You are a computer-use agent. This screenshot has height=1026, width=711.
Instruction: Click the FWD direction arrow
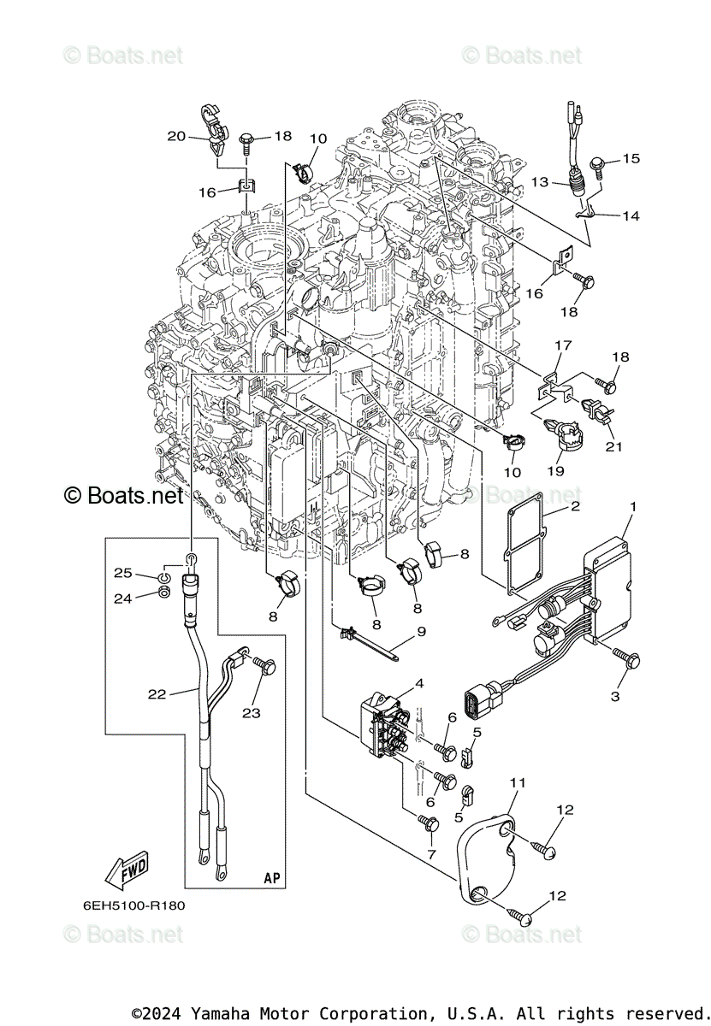point(126,870)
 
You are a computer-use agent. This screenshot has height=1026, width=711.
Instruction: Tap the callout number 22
point(157,694)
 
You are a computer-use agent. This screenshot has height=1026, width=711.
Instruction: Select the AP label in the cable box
point(272,877)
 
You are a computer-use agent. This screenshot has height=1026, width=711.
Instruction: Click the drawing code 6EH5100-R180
point(133,905)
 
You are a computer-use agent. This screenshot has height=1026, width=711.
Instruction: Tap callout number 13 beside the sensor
point(540,182)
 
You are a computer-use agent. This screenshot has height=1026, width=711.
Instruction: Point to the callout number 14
point(631,215)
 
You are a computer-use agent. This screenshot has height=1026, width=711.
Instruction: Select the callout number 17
point(563,345)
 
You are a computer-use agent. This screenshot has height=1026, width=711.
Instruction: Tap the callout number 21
point(613,446)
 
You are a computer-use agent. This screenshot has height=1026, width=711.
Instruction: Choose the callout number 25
point(123,573)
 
